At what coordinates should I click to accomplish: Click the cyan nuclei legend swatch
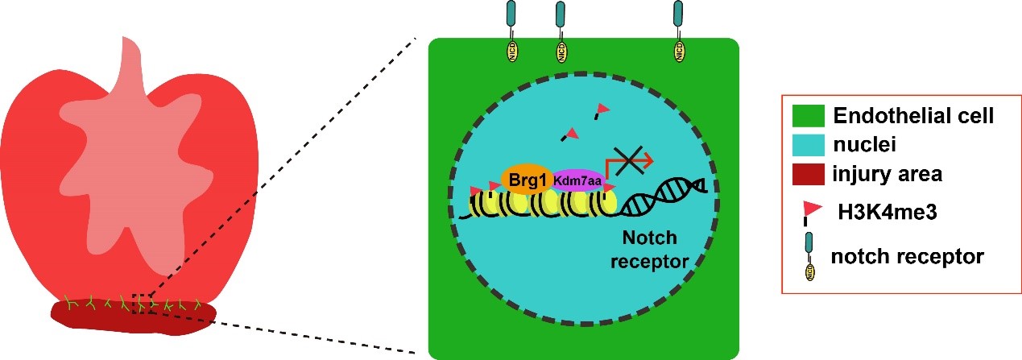(809, 144)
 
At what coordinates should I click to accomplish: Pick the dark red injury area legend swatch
(809, 173)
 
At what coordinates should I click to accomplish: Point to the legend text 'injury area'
(888, 173)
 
